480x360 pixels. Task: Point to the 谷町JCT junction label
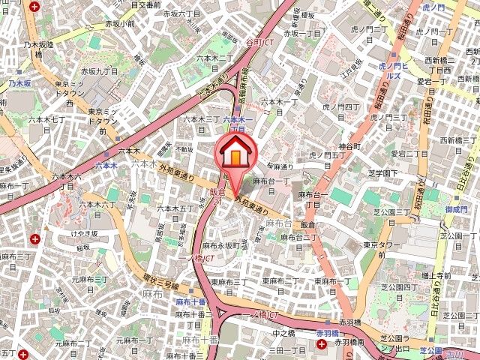click(x=259, y=43)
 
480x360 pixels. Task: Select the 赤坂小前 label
click(x=120, y=23)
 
